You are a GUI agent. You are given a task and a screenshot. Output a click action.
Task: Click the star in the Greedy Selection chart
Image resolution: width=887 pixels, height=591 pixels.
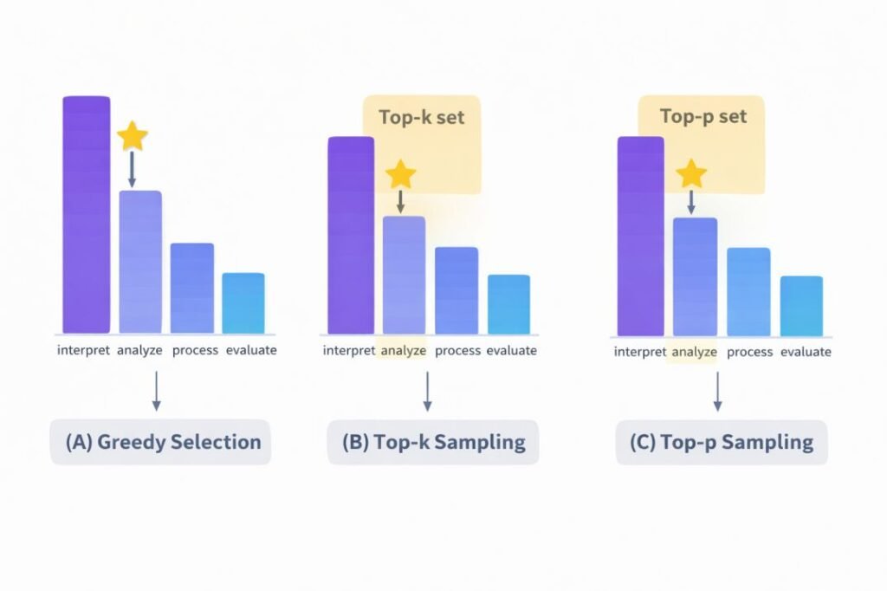[x=133, y=136]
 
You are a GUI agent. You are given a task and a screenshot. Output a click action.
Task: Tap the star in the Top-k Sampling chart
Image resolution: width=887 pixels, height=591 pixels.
[x=400, y=174]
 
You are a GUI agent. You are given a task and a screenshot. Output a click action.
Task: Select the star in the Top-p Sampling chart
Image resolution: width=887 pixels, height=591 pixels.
[x=691, y=174]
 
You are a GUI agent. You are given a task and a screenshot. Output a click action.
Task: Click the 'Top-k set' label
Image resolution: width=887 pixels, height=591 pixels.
[x=422, y=117]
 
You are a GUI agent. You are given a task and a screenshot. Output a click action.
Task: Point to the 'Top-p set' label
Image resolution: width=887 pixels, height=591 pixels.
[x=702, y=116]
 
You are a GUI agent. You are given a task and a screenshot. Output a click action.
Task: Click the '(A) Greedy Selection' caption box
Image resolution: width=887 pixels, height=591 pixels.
[x=161, y=442]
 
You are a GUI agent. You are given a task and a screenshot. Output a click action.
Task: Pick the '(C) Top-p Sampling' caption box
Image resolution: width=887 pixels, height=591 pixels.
[x=722, y=443]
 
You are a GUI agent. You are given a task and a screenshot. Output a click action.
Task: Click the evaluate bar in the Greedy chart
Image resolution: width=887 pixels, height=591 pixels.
[x=243, y=303]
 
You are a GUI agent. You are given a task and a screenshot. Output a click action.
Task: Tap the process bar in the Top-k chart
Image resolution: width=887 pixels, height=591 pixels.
[x=456, y=290]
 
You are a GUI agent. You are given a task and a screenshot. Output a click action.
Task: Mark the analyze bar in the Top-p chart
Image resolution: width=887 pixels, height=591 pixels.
[x=695, y=276]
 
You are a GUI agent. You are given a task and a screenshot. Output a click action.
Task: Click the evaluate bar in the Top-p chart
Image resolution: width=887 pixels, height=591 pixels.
[x=801, y=306]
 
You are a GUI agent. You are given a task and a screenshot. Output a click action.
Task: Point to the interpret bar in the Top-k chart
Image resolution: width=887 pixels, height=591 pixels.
[x=351, y=235]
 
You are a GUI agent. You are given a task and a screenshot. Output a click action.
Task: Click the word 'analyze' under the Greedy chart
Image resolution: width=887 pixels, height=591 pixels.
[x=139, y=350]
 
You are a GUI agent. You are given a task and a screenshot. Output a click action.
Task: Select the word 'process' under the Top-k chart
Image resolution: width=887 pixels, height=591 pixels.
[x=457, y=351]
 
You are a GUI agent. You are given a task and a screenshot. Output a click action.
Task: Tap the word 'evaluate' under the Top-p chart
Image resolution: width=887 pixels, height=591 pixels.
[x=806, y=352]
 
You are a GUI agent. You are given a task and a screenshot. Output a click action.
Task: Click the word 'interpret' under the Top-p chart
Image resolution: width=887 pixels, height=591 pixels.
[x=640, y=352]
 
